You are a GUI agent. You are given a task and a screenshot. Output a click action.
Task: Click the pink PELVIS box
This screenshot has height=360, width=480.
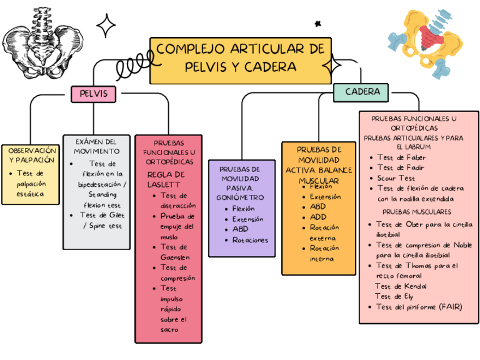click(93, 93)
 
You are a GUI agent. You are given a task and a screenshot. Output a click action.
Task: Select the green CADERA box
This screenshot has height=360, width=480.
click(361, 92)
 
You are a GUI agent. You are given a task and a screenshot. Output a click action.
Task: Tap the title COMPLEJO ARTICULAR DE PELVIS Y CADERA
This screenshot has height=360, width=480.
click(240, 58)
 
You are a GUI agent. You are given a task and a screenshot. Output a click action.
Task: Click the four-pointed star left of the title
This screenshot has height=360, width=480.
click(106, 25)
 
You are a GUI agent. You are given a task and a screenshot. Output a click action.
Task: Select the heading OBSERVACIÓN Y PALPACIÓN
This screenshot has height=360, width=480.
click(32, 155)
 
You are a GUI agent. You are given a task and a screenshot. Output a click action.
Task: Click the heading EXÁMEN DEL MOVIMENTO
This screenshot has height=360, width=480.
click(96, 146)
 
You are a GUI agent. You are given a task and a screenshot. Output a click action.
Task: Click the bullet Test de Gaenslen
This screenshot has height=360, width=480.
click(174, 252)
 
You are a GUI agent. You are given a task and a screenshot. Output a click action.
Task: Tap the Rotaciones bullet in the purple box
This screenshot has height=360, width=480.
click(250, 240)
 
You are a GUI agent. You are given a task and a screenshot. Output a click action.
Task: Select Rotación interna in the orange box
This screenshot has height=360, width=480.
click(324, 253)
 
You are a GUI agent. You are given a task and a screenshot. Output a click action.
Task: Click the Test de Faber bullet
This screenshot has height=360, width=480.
click(401, 157)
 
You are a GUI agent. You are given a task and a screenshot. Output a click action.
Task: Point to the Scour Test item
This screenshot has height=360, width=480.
click(396, 178)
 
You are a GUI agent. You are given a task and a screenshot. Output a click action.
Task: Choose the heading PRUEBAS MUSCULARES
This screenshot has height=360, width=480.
click(417, 212)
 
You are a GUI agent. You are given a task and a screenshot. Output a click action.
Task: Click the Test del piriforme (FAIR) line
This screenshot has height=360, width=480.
click(419, 307)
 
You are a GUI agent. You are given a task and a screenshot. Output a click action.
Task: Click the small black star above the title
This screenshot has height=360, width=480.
click(318, 24)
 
